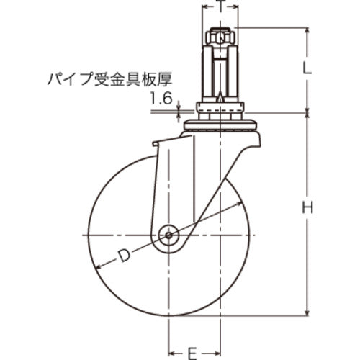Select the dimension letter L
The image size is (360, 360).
point(308,70)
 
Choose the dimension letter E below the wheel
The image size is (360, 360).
point(192,352)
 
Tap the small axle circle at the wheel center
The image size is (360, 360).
point(169,235)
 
